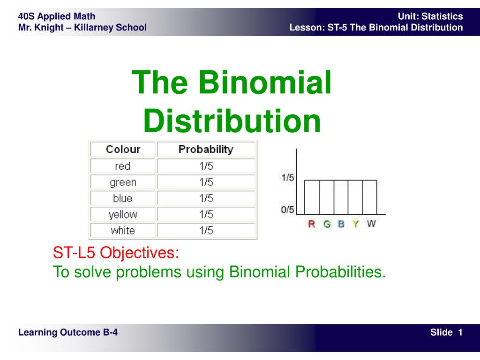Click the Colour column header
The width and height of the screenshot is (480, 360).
pyautogui.click(x=123, y=149)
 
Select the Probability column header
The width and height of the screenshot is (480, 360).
pyautogui.click(x=206, y=149)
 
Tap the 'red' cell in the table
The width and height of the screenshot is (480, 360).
pyautogui.click(x=123, y=166)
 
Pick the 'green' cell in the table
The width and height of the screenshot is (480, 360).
pyautogui.click(x=123, y=182)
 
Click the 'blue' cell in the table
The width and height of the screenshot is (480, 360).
pyautogui.click(x=123, y=198)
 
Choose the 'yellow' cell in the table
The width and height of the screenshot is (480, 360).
pyautogui.click(x=123, y=214)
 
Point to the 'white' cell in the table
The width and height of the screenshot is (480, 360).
pyautogui.click(x=123, y=231)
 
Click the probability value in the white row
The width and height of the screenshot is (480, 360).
pyautogui.click(x=206, y=231)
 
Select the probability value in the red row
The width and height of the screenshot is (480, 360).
pyautogui.click(x=206, y=166)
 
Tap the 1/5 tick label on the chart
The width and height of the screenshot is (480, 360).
pyautogui.click(x=288, y=178)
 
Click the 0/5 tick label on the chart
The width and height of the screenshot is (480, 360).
pyautogui.click(x=288, y=210)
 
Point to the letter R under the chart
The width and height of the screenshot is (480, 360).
pyautogui.click(x=312, y=224)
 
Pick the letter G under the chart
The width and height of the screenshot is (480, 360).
pyautogui.click(x=327, y=224)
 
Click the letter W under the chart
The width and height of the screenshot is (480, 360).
pyautogui.click(x=371, y=224)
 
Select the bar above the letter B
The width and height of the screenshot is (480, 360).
pyautogui.click(x=341, y=197)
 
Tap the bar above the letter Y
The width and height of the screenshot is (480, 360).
pyautogui.click(x=355, y=197)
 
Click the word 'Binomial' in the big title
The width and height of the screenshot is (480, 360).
pyautogui.click(x=265, y=82)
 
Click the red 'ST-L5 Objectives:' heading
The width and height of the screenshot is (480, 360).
pyautogui.click(x=116, y=253)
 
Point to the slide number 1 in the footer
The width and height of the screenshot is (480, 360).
pyautogui.click(x=460, y=332)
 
